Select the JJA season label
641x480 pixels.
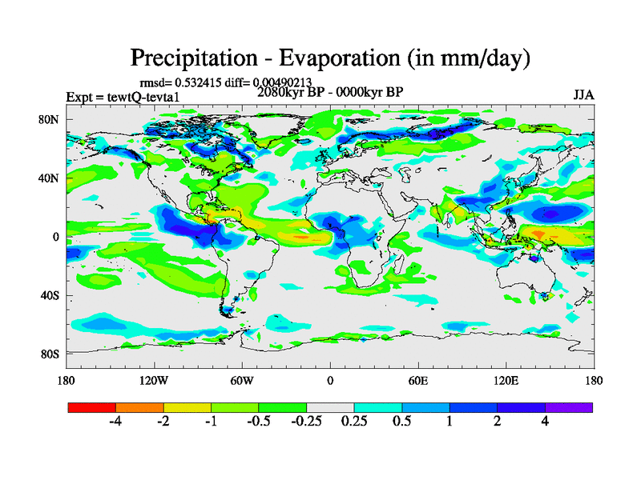coord(583,94)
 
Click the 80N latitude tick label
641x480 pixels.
coord(50,119)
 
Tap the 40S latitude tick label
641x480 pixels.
coord(50,295)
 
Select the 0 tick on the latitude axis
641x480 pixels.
coord(55,237)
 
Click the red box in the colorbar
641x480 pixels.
coord(92,407)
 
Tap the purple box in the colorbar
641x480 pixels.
coord(569,407)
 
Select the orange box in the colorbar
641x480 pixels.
coord(139,407)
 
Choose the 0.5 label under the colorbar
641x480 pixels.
coord(402,422)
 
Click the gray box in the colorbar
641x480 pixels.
coord(330,407)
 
